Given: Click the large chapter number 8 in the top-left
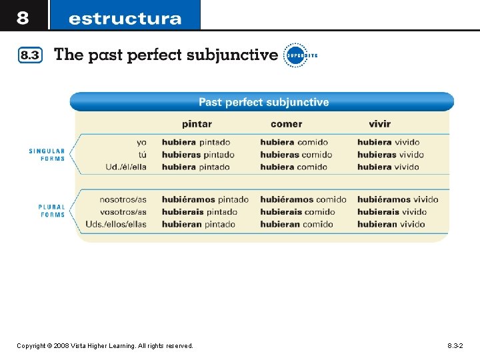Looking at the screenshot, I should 23,17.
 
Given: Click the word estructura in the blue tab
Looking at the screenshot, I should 125,19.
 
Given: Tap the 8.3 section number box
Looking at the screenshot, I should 30,56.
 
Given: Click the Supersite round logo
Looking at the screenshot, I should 295,56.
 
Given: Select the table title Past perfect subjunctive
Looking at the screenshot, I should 263,102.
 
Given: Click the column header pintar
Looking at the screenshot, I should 197,124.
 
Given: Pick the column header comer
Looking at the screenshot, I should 286,124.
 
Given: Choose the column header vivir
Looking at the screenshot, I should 379,124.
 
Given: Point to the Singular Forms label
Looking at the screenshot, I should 47,155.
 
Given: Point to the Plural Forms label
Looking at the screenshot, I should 51,211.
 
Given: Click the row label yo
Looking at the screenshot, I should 141,142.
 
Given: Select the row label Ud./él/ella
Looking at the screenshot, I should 126,167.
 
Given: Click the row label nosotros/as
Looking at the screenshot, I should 123,199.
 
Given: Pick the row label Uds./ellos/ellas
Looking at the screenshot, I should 116,224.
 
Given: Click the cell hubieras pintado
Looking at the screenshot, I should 198,155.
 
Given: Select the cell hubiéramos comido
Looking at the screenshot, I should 303,199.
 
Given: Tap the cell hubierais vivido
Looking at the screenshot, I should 392,212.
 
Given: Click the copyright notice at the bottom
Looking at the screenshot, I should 105,346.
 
